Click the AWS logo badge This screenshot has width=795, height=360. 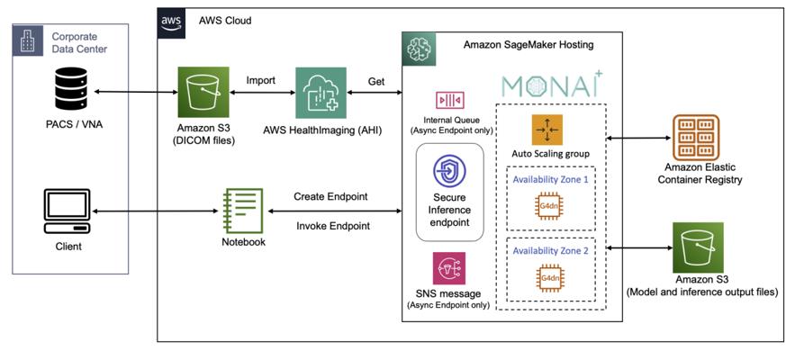click(x=172, y=21)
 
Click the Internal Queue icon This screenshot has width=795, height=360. click(x=449, y=100)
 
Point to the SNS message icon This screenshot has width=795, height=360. click(x=448, y=267)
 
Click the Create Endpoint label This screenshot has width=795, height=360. click(x=330, y=196)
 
